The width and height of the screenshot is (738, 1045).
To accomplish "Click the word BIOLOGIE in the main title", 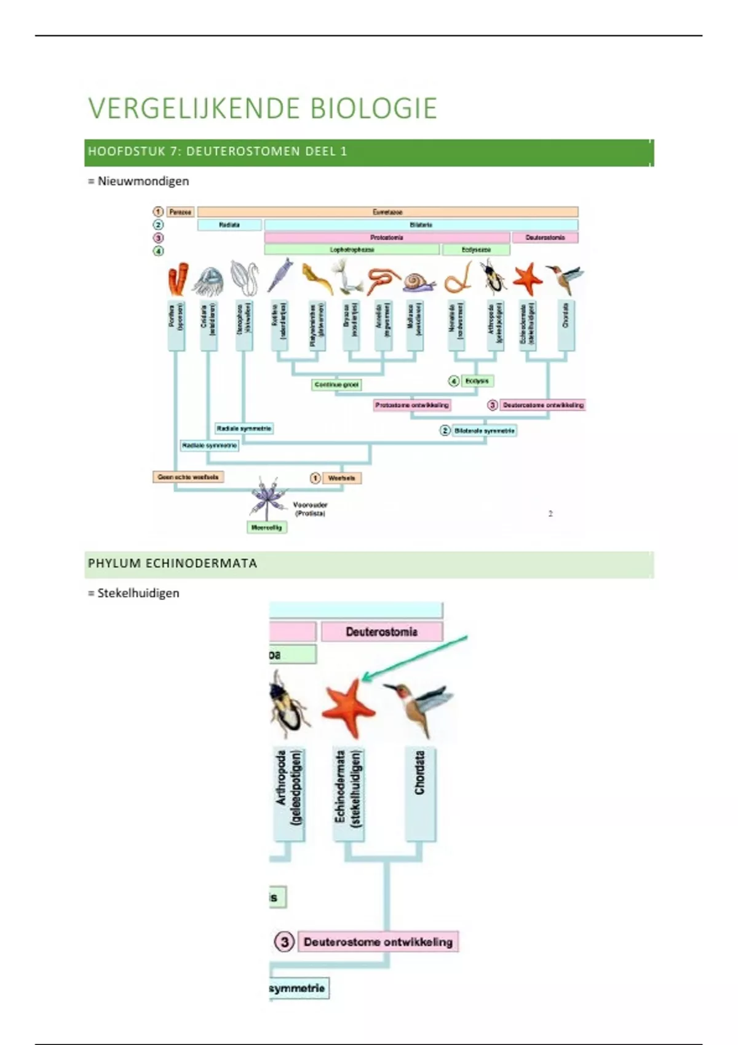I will pyautogui.click(x=373, y=108).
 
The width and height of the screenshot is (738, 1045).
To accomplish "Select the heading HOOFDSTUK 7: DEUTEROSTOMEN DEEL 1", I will pyautogui.click(x=217, y=151).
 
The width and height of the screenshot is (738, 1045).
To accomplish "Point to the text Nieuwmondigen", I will pyautogui.click(x=143, y=181).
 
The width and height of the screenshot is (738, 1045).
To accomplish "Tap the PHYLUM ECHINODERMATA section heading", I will pyautogui.click(x=172, y=563).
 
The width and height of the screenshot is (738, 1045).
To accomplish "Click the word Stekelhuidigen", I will pyautogui.click(x=138, y=593).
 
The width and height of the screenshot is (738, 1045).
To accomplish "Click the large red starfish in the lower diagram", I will pyautogui.click(x=348, y=707).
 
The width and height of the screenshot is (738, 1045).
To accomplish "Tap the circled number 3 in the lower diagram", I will pyautogui.click(x=284, y=942).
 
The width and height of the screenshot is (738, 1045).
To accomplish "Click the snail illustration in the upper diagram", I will pyautogui.click(x=419, y=282).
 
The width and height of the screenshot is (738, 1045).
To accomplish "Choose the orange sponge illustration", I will pyautogui.click(x=178, y=280).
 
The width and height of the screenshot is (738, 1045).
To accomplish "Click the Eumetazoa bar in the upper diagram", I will pyautogui.click(x=387, y=212).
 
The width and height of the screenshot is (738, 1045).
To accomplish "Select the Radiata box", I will pyautogui.click(x=229, y=225).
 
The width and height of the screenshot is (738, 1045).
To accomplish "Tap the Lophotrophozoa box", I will pyautogui.click(x=352, y=250).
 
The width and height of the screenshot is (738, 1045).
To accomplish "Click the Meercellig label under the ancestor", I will pyautogui.click(x=266, y=527).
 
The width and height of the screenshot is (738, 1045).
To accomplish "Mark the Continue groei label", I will pyautogui.click(x=336, y=385).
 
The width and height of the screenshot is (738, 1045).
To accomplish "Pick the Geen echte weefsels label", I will pyautogui.click(x=188, y=477).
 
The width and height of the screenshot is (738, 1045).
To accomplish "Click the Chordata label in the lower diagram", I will pyautogui.click(x=420, y=773).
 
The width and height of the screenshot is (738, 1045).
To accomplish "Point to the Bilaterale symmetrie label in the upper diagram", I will pyautogui.click(x=484, y=430).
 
